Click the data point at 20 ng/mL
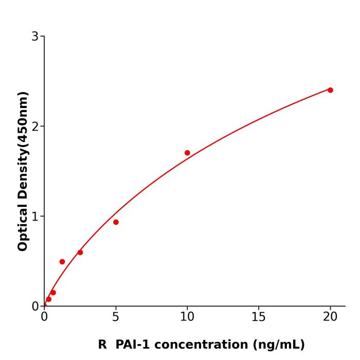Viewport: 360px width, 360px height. (x=330, y=90)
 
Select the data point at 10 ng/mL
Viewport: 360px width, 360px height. (x=187, y=153)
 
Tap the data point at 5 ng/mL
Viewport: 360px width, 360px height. (x=116, y=222)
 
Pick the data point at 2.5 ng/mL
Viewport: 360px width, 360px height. (x=80, y=253)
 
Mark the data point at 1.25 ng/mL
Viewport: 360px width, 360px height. (x=62, y=262)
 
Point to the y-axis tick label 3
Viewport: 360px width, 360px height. (x=35, y=37)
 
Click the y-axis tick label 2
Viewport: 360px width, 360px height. (x=35, y=127)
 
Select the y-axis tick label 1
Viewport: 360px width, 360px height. (x=35, y=217)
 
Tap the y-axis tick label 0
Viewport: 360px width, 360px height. (x=35, y=307)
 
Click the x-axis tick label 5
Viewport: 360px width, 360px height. (x=116, y=317)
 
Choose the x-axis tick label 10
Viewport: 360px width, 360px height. (x=187, y=317)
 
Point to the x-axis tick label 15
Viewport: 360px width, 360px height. (x=259, y=317)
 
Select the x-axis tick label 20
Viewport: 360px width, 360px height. (x=330, y=317)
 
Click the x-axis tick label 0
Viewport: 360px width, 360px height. (x=44, y=317)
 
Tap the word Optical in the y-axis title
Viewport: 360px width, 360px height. (x=23, y=228)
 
